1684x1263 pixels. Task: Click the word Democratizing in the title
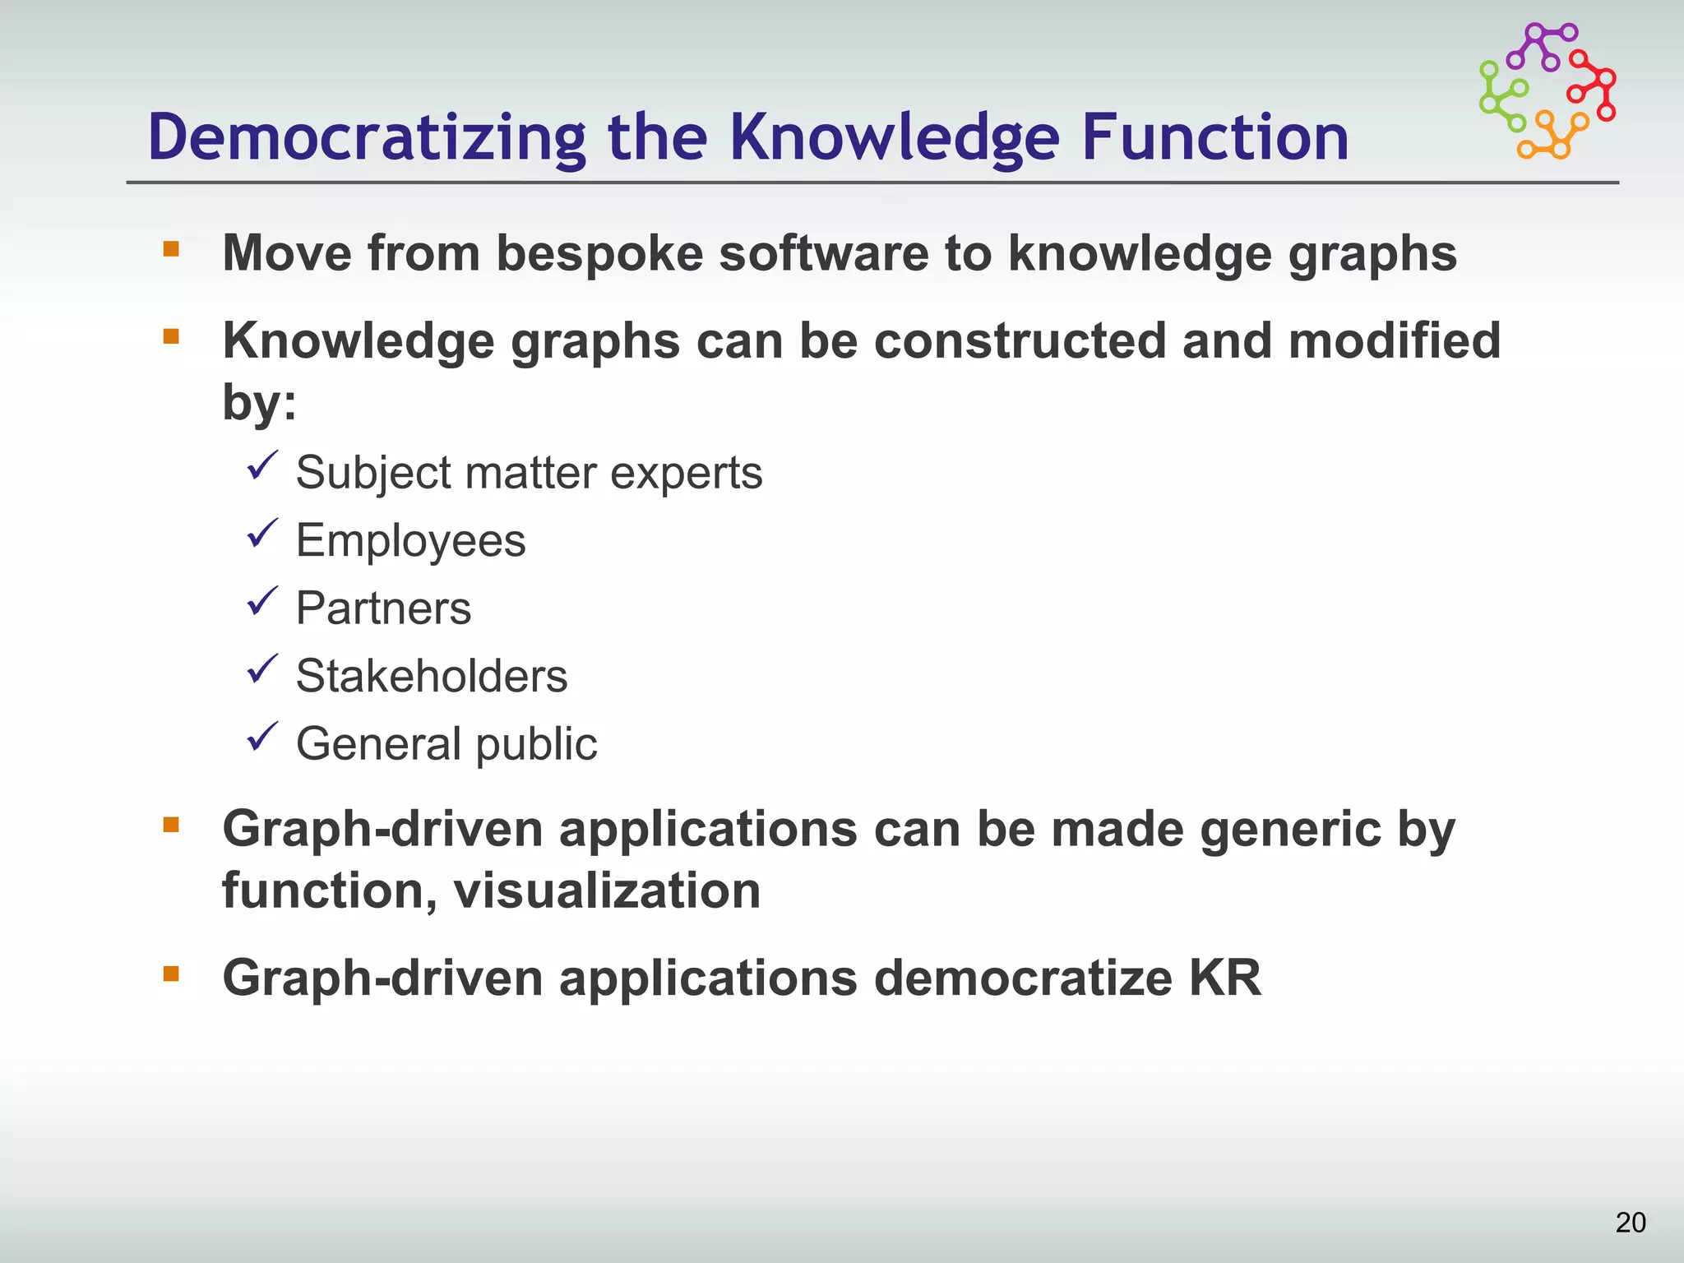(x=367, y=137)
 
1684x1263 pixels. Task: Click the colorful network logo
(x=1548, y=90)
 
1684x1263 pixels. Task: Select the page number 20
(x=1630, y=1222)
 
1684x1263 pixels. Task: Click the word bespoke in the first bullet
(x=599, y=253)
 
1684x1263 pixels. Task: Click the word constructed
(x=1020, y=340)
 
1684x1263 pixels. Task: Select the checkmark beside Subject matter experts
(x=263, y=466)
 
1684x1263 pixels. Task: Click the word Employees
(x=410, y=541)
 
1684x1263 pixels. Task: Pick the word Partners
(x=383, y=608)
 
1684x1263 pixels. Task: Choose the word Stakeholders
(x=432, y=676)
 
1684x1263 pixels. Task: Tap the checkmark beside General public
(x=263, y=737)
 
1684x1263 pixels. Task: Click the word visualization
(x=607, y=891)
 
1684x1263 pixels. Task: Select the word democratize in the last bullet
(x=1022, y=978)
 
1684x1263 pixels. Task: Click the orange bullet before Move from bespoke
(x=171, y=249)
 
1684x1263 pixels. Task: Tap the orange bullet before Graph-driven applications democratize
(x=171, y=974)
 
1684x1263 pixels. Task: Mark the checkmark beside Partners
(x=263, y=602)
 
